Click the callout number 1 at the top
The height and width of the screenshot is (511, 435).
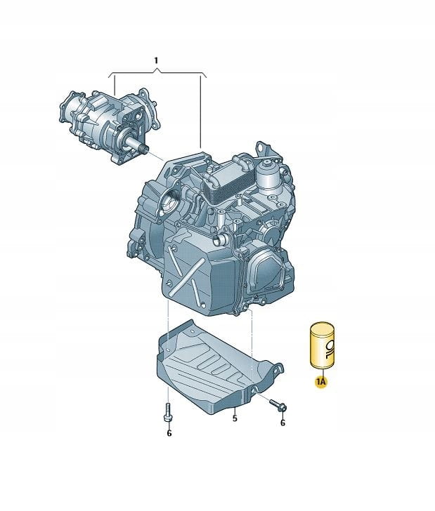click(x=156, y=60)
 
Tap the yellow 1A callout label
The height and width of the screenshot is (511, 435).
click(x=320, y=381)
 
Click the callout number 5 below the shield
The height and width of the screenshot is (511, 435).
click(x=235, y=418)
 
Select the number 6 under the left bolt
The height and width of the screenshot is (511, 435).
click(x=169, y=433)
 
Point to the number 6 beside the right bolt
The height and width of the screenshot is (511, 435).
click(x=283, y=423)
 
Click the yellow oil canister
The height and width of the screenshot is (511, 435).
click(x=322, y=346)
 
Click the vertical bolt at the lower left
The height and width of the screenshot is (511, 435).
click(x=168, y=412)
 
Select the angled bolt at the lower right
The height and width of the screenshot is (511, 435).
click(x=278, y=404)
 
